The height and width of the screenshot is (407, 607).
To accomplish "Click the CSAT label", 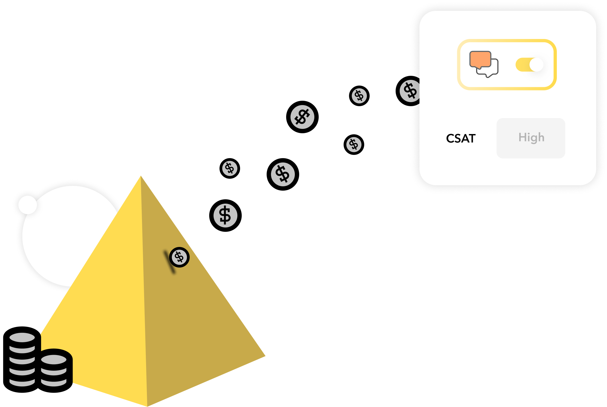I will point(461,138).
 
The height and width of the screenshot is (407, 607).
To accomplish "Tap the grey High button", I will point(531,138).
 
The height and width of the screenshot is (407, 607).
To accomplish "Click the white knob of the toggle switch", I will point(536,65).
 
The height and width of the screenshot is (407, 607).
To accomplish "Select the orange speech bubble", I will point(480,59).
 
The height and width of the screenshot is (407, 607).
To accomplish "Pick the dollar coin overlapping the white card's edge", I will point(410,91).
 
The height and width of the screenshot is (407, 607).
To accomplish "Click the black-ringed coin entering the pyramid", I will point(179,257).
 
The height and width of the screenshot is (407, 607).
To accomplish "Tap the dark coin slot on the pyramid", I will point(169,261).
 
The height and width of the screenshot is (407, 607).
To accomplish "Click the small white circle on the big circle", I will point(28,205).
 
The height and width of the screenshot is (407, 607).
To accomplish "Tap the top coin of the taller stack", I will point(22,338).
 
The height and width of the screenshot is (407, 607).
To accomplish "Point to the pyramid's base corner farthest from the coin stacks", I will point(265,356).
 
